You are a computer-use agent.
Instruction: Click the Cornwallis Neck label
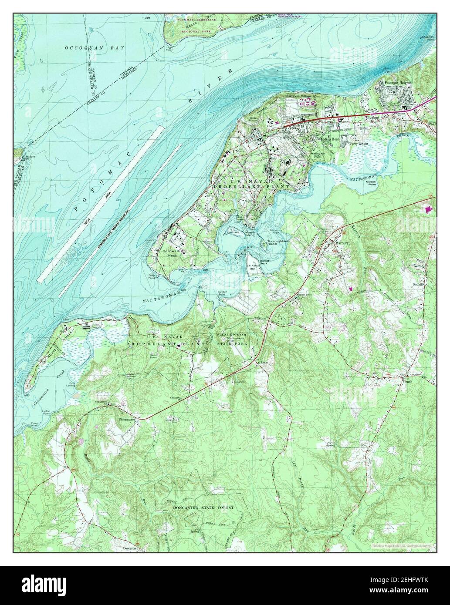pos(174,254)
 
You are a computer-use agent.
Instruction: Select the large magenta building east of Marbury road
pos(429,210)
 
